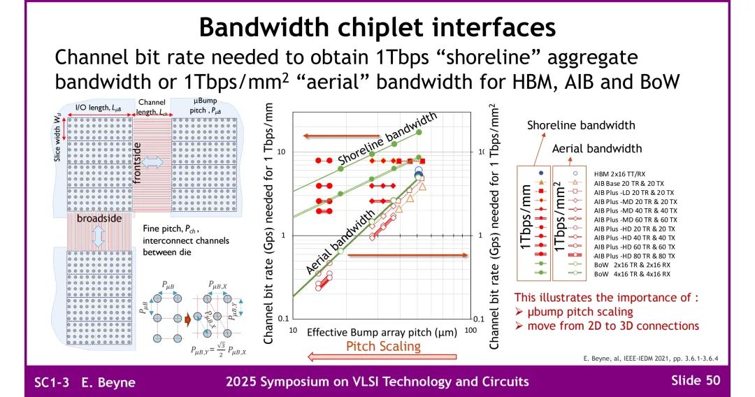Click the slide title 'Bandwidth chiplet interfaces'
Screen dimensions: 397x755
click(x=377, y=27)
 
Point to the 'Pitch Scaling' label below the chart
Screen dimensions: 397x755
click(x=384, y=346)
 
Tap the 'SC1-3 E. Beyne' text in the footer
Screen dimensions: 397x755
click(x=85, y=382)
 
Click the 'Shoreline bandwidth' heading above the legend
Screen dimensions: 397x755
click(x=581, y=125)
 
